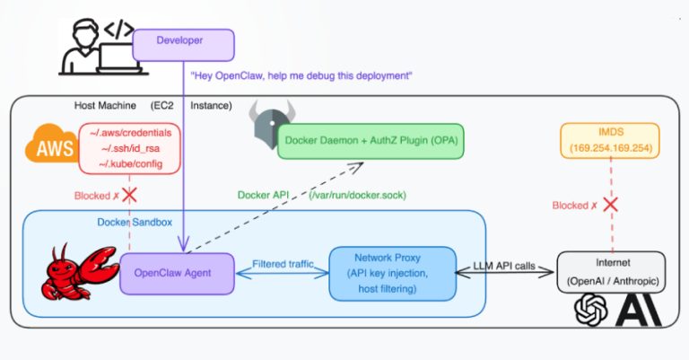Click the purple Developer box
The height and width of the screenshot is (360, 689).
183,41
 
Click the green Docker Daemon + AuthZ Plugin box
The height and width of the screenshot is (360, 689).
371,142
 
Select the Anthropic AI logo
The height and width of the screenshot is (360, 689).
632,314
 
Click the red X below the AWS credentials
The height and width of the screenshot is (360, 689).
128,195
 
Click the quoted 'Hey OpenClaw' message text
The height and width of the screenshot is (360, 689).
301,76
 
